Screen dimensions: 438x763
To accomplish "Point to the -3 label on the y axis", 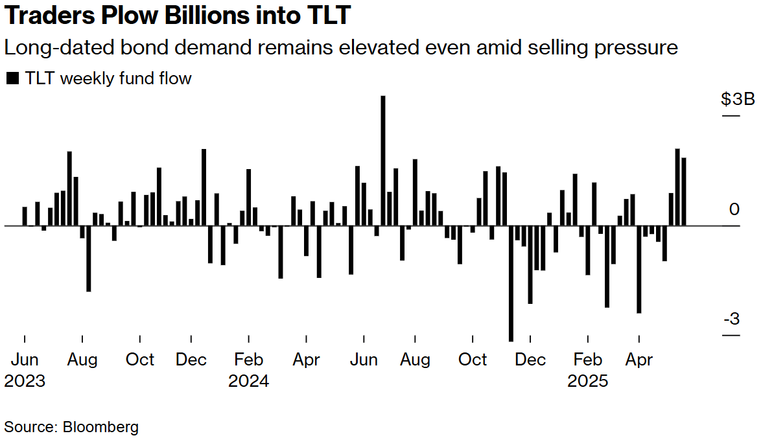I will (x=731, y=319).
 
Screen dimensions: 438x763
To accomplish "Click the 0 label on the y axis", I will (x=734, y=210).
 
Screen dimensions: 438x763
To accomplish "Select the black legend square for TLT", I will (x=12, y=79).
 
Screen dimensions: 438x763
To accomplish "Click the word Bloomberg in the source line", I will (x=100, y=427).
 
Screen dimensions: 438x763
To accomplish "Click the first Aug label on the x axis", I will (x=82, y=360).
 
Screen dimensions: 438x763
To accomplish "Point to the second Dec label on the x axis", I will (x=530, y=360).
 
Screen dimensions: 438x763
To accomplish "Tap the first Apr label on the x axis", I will (x=306, y=360).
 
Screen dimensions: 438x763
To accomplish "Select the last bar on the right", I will (x=684, y=192).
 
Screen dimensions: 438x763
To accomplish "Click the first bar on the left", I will (x=25, y=216).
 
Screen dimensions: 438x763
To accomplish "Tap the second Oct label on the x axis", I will (x=473, y=360).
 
